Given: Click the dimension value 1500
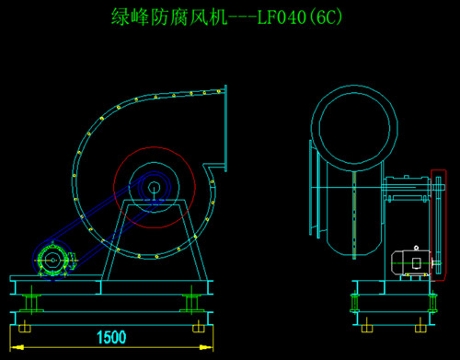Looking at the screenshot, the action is [111, 337].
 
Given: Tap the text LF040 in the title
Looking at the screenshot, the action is [282, 17].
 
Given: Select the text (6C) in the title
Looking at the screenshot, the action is [325, 17].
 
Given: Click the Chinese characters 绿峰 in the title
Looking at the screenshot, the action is [131, 17].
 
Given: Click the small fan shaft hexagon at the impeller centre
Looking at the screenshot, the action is [154, 188].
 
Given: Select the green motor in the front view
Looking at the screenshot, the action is [54, 261].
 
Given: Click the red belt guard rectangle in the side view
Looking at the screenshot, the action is [445, 225].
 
